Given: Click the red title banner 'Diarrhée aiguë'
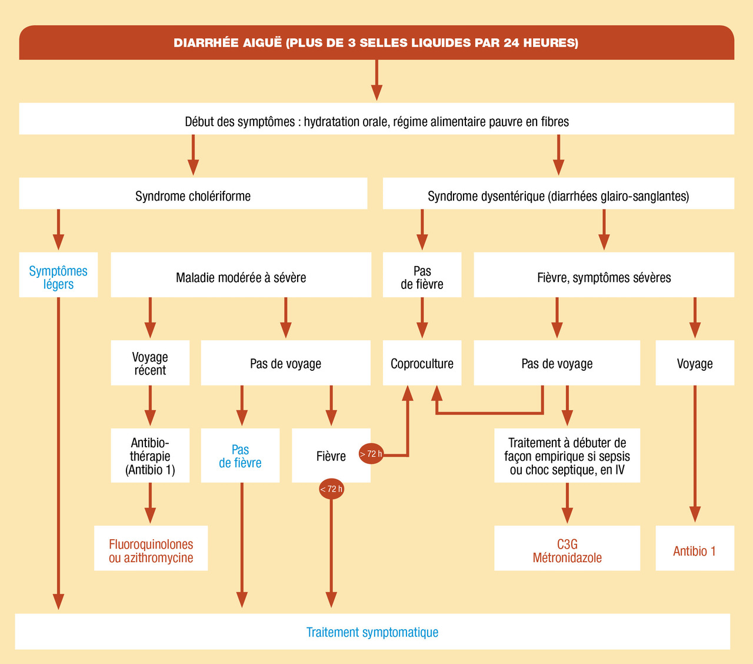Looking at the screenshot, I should tap(376, 42).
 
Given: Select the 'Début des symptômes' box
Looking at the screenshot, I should tap(376, 121).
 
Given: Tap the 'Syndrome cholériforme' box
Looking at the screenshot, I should tap(193, 195).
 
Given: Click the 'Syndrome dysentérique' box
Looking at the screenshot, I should tap(558, 195).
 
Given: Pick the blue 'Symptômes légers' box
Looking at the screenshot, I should tap(58, 277).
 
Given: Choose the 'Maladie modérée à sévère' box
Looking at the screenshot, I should tap(241, 277).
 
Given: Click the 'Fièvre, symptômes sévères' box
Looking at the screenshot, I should tap(604, 277).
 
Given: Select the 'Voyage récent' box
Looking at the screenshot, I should tap(150, 363).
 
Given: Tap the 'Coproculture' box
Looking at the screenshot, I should tap(422, 363).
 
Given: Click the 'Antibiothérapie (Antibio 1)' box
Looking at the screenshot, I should tap(150, 456).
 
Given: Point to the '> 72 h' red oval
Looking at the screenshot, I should tap(371, 454).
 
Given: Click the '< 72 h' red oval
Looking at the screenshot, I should tap(331, 489).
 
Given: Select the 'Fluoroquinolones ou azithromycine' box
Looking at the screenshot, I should tap(151, 550).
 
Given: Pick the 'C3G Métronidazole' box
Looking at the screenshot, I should tap(567, 550).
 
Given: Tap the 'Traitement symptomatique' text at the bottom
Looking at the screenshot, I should tap(372, 632).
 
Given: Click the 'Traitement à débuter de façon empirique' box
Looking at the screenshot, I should tap(567, 456).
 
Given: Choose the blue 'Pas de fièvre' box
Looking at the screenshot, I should tap(240, 456).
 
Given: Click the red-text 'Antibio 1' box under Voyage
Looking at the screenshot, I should tap(695, 550).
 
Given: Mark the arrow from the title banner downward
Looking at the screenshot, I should tap(376, 80).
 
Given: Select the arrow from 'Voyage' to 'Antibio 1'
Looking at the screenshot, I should tap(695, 453).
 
